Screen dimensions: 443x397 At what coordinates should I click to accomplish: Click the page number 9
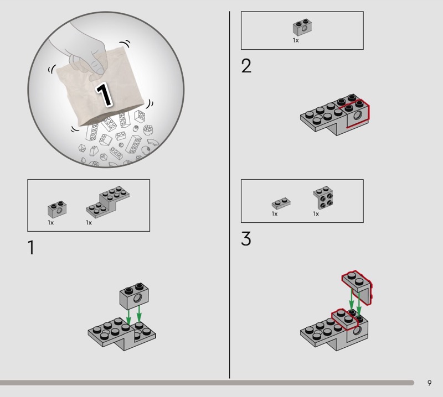(x=429, y=383)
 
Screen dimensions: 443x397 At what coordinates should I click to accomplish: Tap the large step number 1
(x=31, y=248)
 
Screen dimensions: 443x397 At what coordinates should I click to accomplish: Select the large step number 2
(x=246, y=66)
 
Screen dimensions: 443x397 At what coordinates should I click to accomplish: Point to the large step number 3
(x=246, y=239)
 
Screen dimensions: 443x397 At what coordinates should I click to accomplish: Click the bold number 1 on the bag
(x=104, y=95)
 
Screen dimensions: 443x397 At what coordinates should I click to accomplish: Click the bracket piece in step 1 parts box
(x=107, y=202)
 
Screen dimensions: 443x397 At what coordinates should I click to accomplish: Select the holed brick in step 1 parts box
(x=57, y=210)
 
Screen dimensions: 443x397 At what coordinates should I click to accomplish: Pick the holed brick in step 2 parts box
(x=302, y=27)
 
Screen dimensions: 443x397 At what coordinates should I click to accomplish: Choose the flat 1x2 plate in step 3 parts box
(x=281, y=203)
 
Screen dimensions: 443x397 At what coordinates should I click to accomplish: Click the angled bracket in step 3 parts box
(x=323, y=197)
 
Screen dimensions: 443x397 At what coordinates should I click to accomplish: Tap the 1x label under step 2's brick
(x=296, y=40)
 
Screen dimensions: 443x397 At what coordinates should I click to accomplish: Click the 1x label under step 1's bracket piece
(x=89, y=223)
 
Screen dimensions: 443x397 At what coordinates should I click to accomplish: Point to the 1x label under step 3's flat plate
(x=274, y=214)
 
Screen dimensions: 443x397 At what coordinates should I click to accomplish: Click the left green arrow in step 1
(x=128, y=317)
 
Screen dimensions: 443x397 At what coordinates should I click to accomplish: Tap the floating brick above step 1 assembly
(x=134, y=296)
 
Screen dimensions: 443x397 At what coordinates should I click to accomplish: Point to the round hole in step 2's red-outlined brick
(x=357, y=115)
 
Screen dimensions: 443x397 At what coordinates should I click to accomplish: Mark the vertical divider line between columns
(x=229, y=195)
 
